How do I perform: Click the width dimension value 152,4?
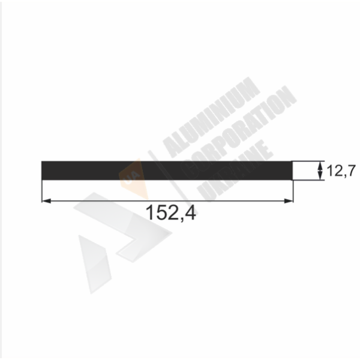coord(171,213)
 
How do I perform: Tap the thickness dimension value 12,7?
coord(341,171)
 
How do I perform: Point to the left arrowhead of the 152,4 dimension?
coord(46,201)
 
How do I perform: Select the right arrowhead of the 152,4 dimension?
coord(289,201)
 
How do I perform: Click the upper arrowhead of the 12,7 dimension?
coord(320,166)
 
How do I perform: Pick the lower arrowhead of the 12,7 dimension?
coord(320,176)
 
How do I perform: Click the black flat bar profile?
coord(167,170)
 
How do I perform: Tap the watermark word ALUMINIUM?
coord(212,117)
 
